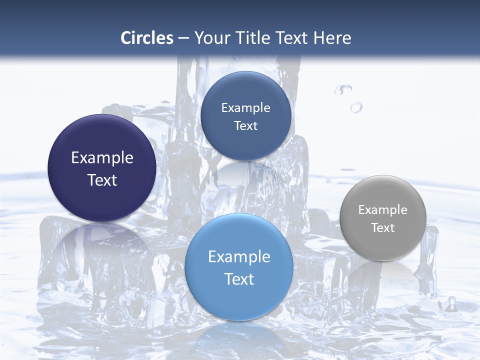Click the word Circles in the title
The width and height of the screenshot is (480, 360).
pos(146,38)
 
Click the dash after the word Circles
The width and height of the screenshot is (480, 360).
pos(183,38)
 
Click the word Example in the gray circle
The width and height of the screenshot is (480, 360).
pos(383,210)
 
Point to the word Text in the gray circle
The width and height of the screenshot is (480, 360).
pos(383,228)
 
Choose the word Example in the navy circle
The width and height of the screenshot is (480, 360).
pos(102,158)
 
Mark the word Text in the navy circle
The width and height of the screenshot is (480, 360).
pos(102,180)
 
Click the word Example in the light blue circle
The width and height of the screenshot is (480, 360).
pos(239,257)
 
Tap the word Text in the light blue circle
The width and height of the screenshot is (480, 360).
pos(239,279)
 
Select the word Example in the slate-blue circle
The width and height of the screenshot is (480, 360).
pos(246,108)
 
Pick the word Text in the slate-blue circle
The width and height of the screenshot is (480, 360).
pos(246,126)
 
